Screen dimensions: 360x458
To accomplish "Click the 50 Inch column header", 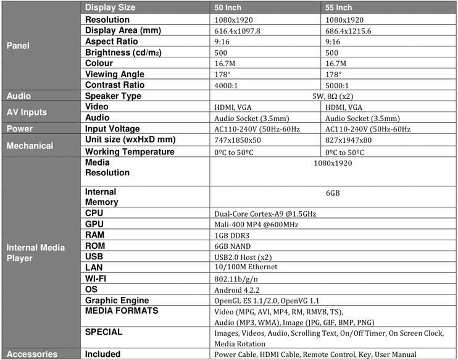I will point(228,8).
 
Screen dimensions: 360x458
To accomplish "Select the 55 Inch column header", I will point(339,8).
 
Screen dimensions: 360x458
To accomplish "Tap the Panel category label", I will point(17,46).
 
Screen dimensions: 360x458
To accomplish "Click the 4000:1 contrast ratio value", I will point(227,85).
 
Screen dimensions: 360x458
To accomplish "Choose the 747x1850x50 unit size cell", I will point(238,141).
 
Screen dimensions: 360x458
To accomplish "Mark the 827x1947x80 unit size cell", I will point(349,141).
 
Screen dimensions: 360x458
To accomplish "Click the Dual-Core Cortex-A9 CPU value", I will point(265,214).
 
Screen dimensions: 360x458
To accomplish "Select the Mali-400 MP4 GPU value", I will point(256,225).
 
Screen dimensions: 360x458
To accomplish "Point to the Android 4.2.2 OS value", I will point(238,289).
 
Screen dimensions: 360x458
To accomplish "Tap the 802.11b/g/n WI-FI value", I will point(236,278).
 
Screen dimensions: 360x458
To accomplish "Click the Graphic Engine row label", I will point(118,299).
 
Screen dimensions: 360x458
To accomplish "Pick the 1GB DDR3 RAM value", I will point(233,235).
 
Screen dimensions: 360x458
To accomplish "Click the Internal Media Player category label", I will point(35,253).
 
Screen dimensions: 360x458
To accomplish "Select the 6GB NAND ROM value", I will point(233,246).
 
